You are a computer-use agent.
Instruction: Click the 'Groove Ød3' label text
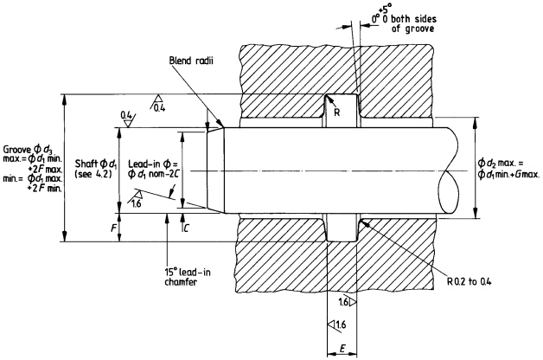(x=30, y=149)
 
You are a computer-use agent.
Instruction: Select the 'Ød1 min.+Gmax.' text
(x=509, y=177)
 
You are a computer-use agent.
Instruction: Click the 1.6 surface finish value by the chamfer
(x=137, y=202)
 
